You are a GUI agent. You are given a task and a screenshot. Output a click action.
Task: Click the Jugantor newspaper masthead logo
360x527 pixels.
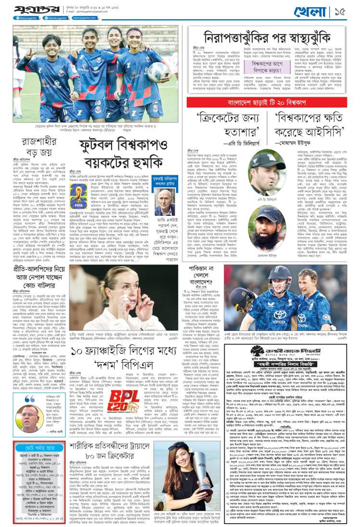pyautogui.click(x=32, y=10)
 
